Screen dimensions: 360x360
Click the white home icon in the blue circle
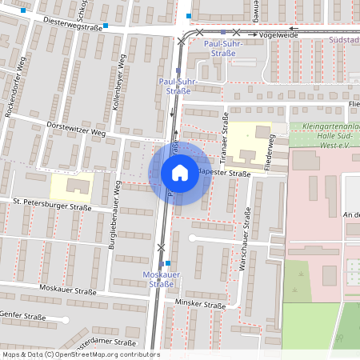pyautogui.click(x=180, y=173)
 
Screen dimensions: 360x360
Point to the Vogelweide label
pyautogui.click(x=278, y=36)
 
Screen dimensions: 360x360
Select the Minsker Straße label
pyautogui.click(x=200, y=305)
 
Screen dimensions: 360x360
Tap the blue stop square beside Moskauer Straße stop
pyautogui.click(x=168, y=262)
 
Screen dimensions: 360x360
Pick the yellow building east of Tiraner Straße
pyautogui.click(x=251, y=141)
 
